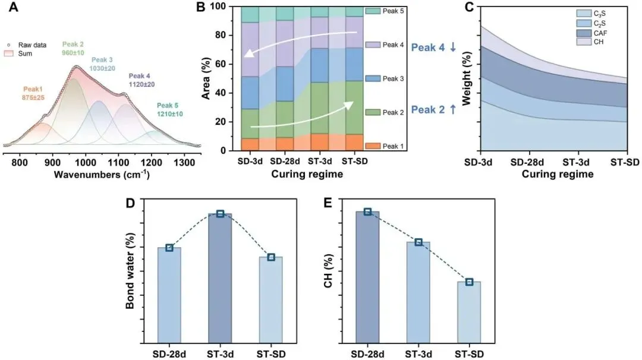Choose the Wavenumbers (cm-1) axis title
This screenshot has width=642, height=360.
(101, 175)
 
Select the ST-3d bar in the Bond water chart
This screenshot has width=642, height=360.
(220, 279)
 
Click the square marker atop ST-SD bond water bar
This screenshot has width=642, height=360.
(270, 257)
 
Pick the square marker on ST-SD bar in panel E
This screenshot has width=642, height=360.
(469, 282)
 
